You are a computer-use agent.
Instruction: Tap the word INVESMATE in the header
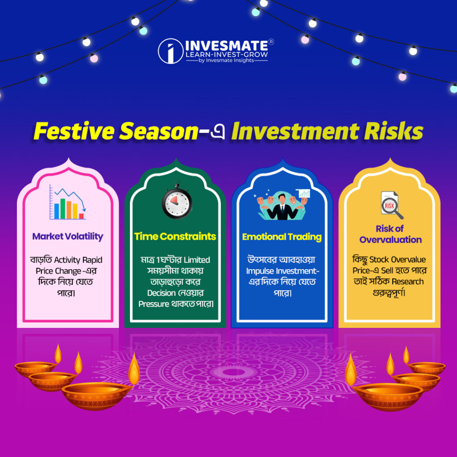click(226, 45)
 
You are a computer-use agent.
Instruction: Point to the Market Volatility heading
click(67, 236)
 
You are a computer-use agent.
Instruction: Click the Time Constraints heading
click(175, 236)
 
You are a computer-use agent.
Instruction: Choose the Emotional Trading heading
click(282, 237)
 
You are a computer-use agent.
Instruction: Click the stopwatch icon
click(176, 201)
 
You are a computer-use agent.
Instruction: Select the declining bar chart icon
click(67, 203)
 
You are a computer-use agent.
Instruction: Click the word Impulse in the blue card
click(261, 271)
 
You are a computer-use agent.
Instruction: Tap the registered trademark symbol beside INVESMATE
click(271, 42)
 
